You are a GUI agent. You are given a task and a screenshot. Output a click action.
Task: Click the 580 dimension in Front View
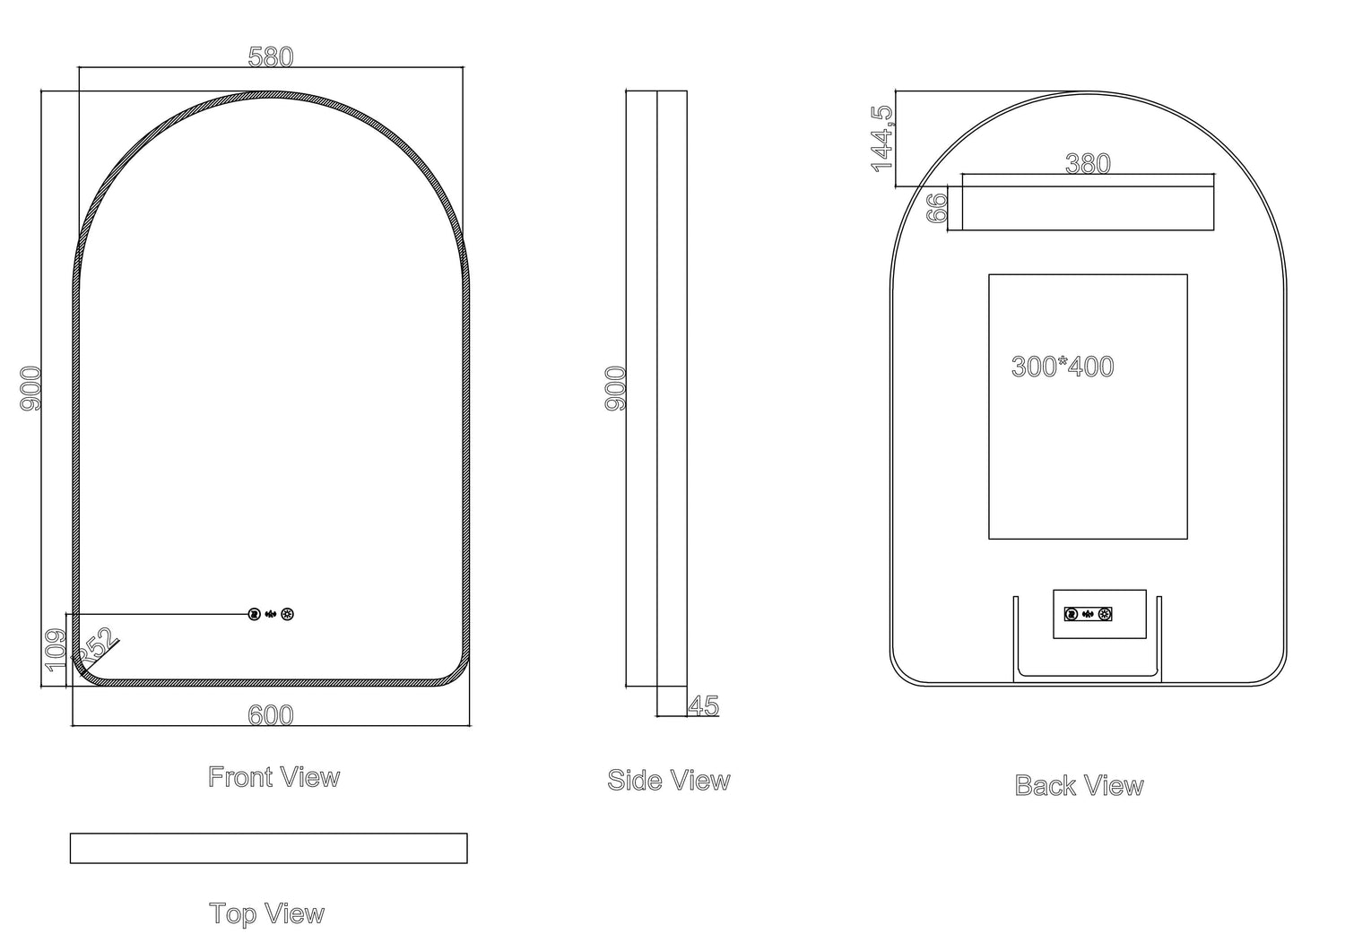[x=270, y=57]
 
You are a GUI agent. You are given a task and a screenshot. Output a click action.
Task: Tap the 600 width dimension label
[x=270, y=715]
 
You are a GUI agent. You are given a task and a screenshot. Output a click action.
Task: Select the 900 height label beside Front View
[x=30, y=388]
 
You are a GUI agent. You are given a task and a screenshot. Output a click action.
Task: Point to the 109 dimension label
[x=56, y=650]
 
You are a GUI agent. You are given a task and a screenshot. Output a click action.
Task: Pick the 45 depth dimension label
[x=704, y=706]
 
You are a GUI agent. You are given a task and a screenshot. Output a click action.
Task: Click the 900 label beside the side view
[x=616, y=388]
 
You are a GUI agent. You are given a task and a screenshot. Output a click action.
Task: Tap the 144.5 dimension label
[x=882, y=139]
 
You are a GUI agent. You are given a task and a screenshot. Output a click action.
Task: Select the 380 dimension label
[x=1088, y=164]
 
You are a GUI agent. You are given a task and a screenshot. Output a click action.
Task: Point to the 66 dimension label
[x=938, y=208]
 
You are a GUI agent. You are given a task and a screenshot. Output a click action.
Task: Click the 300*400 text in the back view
[x=1063, y=367]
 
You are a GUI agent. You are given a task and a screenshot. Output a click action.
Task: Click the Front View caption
[x=273, y=777]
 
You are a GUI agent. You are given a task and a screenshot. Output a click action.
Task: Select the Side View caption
[x=669, y=781]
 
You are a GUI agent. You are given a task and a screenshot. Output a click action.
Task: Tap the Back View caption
[x=1079, y=786]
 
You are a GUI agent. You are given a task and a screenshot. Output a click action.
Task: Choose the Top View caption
[x=266, y=914]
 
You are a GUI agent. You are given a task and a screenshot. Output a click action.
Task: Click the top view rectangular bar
[x=268, y=848]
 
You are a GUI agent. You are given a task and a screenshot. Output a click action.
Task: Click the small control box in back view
[x=1099, y=614]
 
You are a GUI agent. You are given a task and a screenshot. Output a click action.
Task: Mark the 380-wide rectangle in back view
[x=1088, y=208]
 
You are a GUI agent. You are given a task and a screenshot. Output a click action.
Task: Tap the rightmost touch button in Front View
[x=287, y=614]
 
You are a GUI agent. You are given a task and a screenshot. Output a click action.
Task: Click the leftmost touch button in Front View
[x=254, y=614]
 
